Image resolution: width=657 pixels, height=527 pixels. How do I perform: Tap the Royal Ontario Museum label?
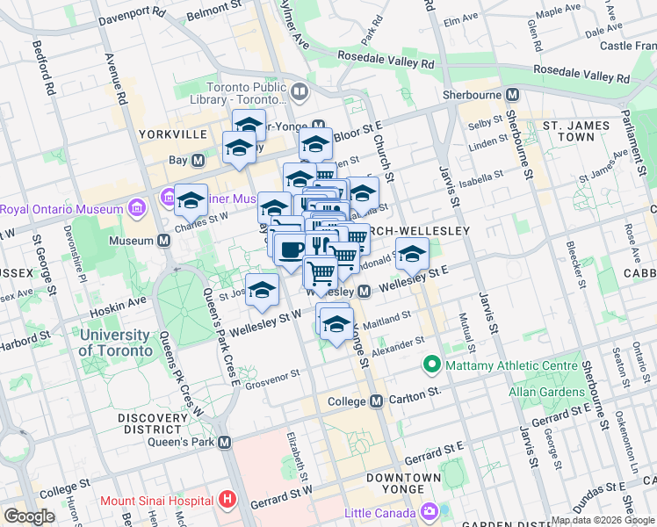(61, 209)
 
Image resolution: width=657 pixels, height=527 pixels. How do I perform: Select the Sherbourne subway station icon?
(511, 94)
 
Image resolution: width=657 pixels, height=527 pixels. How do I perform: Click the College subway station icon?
(376, 401)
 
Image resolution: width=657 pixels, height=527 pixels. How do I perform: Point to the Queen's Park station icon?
(225, 444)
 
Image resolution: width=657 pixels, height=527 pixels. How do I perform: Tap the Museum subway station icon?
(164, 241)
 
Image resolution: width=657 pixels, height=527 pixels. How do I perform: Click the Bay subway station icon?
(199, 161)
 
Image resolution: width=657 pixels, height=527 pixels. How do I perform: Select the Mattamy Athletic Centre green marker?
(431, 363)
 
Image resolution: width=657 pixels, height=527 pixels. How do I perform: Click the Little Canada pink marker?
(429, 510)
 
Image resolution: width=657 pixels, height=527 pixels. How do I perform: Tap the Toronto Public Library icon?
(300, 91)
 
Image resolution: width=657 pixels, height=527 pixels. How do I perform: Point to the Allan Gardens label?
(545, 389)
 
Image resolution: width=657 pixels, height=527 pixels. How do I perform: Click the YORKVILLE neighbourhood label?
(172, 134)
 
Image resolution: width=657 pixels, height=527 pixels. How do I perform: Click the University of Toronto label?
(114, 343)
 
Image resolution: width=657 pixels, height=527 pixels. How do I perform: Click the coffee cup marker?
(290, 249)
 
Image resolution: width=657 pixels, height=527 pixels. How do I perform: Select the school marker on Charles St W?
(191, 201)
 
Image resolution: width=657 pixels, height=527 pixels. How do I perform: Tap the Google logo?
(29, 516)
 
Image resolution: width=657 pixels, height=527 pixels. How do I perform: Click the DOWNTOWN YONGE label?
(403, 484)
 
